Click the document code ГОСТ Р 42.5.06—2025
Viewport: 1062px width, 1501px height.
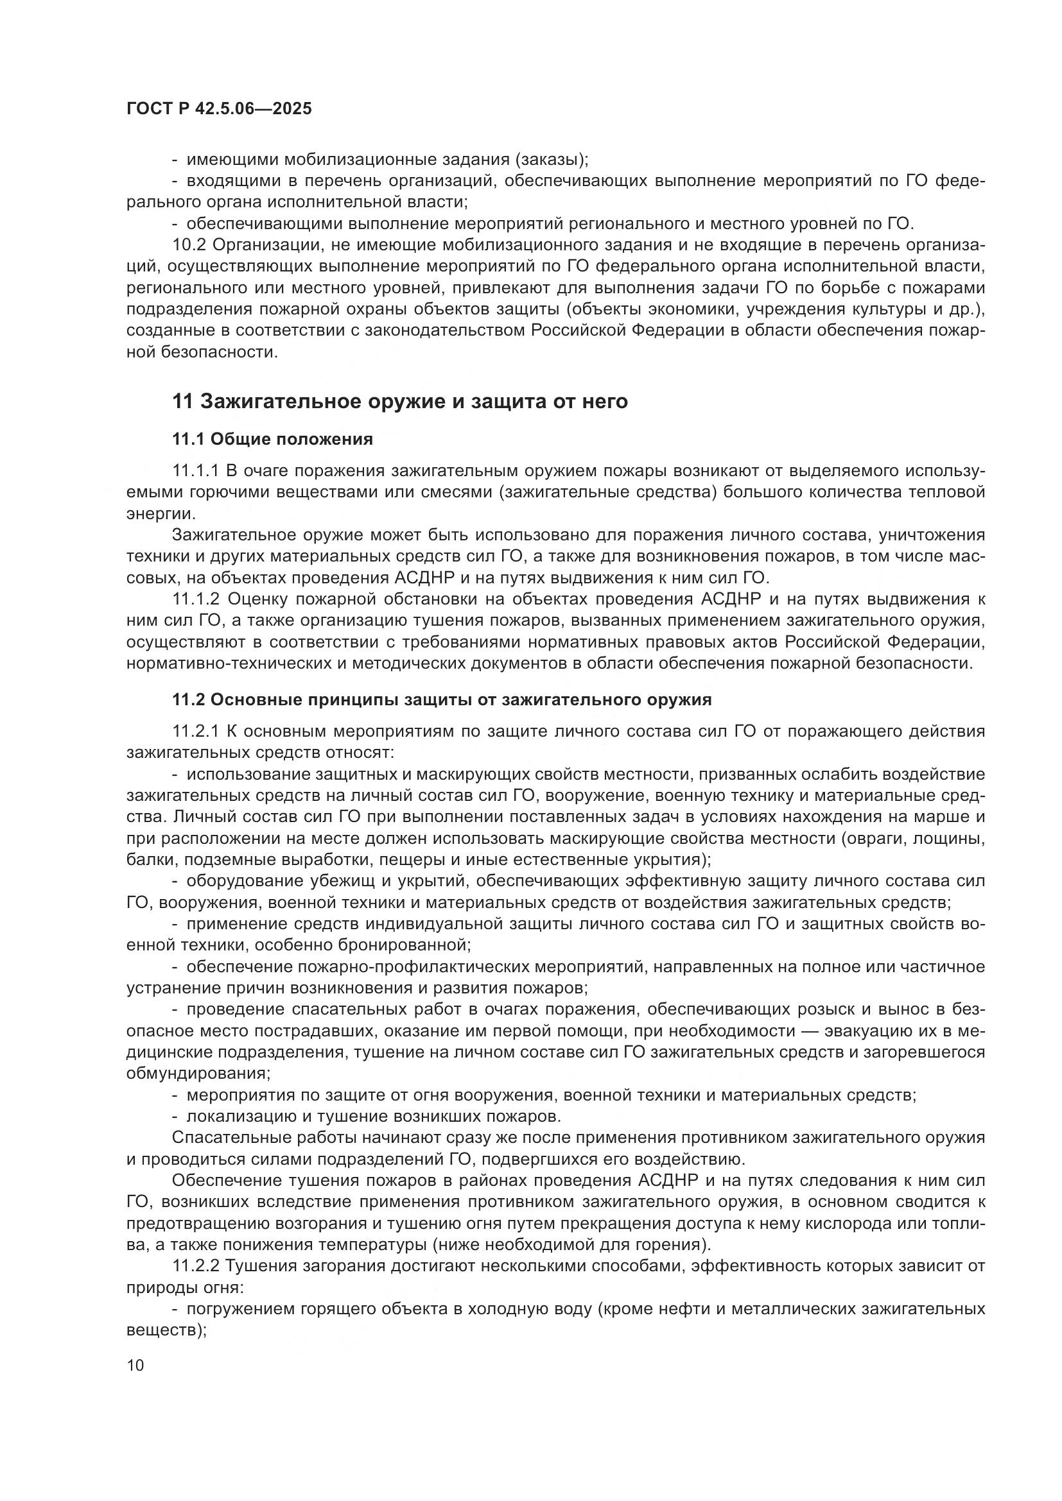tap(219, 109)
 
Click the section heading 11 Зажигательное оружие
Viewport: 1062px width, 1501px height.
tap(399, 400)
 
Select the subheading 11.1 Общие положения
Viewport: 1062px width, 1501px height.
tap(272, 440)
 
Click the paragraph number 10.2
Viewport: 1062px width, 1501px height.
tap(190, 245)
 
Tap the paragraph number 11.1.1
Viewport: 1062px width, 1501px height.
tap(196, 472)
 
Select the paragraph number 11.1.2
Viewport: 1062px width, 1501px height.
tap(196, 599)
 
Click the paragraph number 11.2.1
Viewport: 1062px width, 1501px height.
tap(197, 731)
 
